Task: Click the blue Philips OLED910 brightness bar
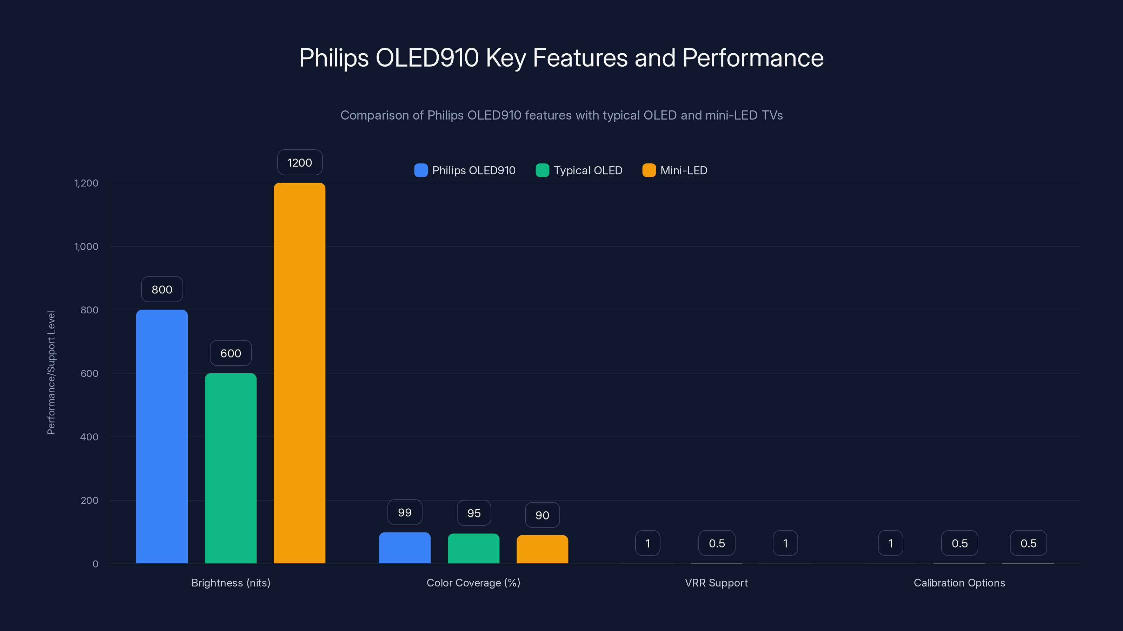(x=162, y=436)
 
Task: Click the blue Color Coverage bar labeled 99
(x=405, y=548)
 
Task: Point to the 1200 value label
(x=300, y=162)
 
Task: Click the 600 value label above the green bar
(x=231, y=353)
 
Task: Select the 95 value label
(x=474, y=513)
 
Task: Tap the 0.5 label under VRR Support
(x=717, y=543)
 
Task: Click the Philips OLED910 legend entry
(x=465, y=170)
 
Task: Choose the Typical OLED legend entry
(x=579, y=170)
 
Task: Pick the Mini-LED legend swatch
(x=649, y=170)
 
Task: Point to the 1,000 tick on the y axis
(x=86, y=246)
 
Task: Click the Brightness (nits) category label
(x=231, y=583)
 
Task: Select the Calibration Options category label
(x=959, y=583)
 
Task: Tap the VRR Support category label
(x=716, y=583)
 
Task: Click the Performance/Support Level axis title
(x=51, y=373)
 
